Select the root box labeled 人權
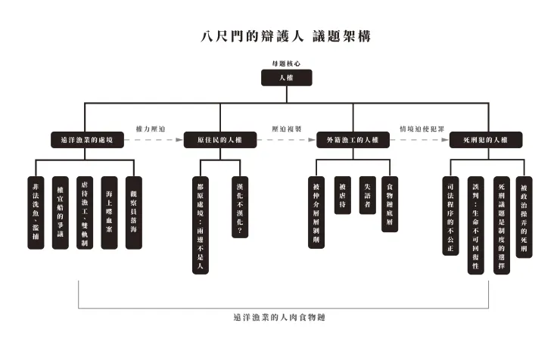286,79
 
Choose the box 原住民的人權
219,140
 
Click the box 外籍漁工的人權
352,140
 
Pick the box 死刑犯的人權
485,140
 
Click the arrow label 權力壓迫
151,129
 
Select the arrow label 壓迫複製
287,129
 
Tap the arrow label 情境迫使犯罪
419,129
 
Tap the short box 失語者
366,195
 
